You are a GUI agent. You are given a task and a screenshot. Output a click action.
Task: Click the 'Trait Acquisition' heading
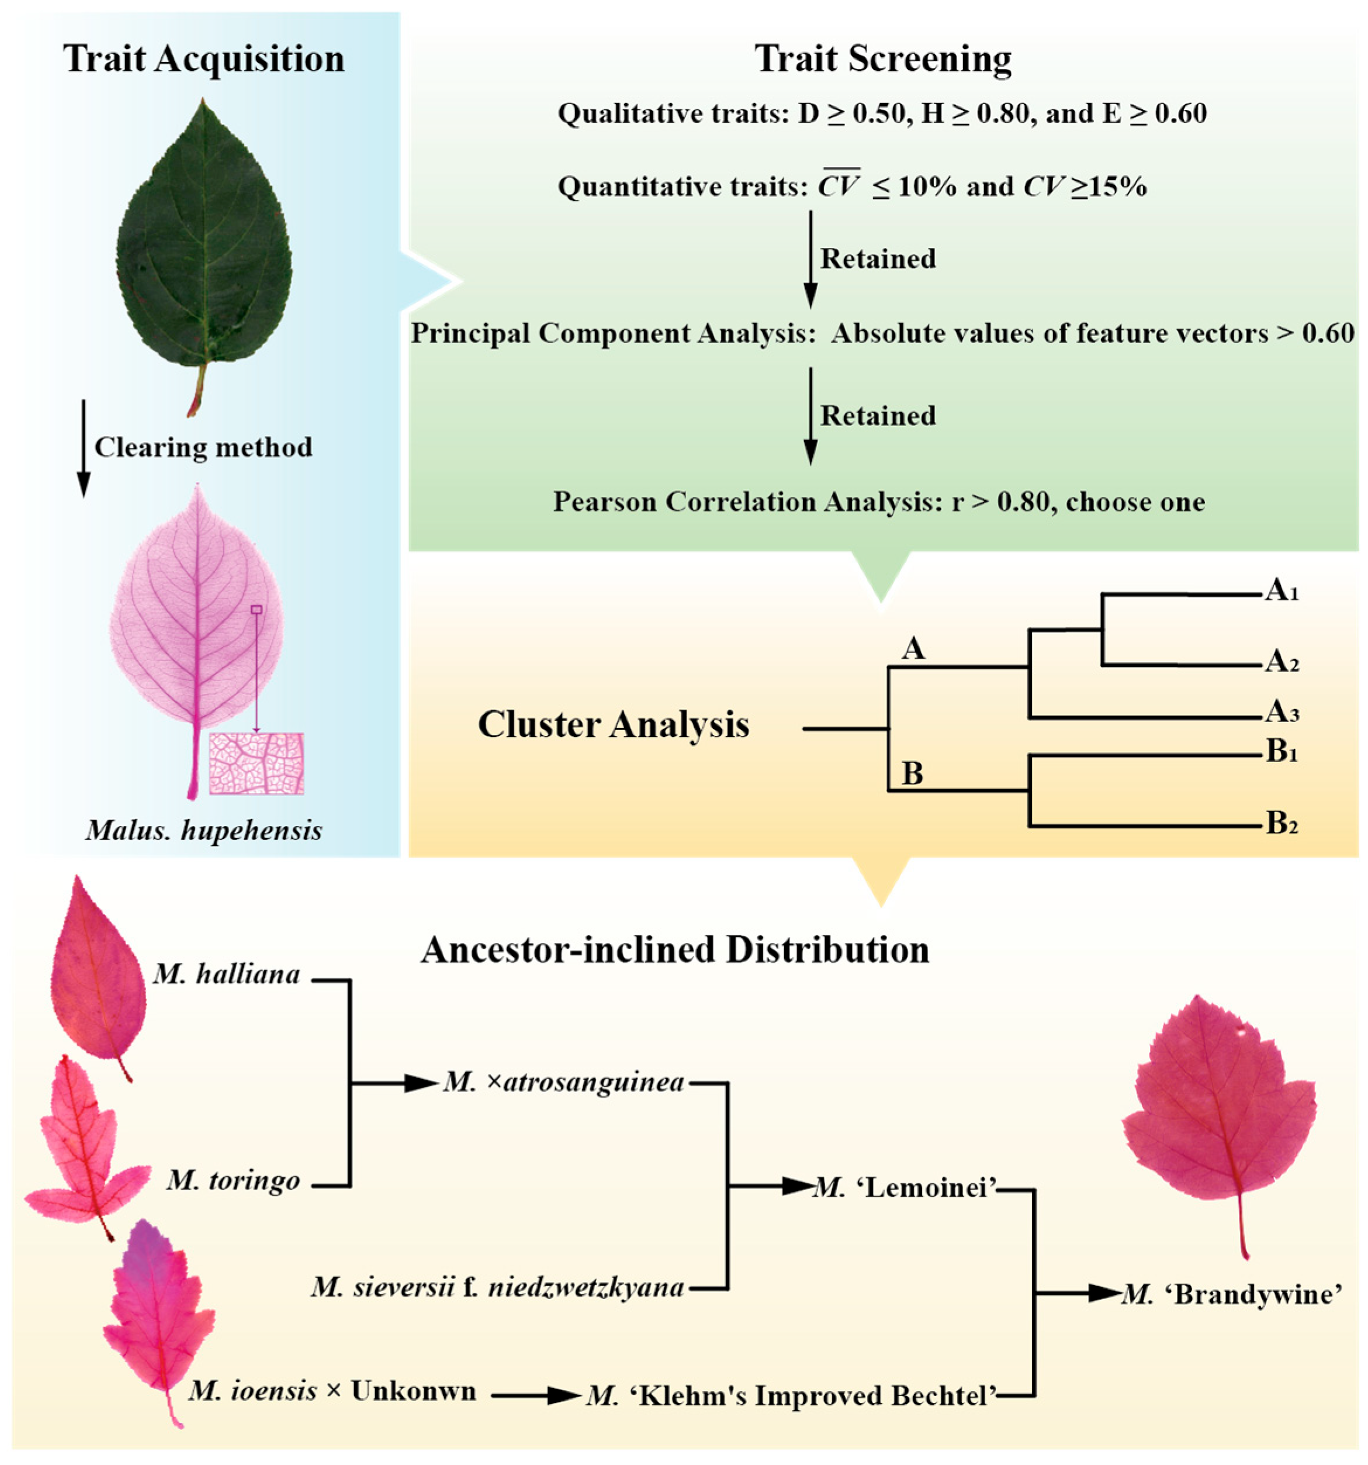(203, 59)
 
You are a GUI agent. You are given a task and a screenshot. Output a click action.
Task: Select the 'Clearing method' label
(203, 447)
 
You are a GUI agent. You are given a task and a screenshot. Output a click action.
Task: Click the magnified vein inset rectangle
(257, 763)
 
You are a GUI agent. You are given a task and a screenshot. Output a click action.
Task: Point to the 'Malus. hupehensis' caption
(203, 831)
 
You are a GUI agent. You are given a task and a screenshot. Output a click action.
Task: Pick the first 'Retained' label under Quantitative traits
(878, 258)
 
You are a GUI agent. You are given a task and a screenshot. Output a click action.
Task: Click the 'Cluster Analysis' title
(614, 724)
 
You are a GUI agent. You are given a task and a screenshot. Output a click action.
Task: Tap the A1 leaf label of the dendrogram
(1281, 591)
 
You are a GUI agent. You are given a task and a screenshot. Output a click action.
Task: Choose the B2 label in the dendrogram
(1281, 824)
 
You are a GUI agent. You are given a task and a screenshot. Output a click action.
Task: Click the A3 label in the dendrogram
(1281, 713)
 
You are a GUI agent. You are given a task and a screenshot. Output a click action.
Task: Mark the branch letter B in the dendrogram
(912, 775)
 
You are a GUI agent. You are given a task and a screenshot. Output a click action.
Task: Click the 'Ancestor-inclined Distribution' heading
(675, 951)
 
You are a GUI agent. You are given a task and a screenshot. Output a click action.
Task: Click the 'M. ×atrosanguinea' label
(563, 1083)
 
